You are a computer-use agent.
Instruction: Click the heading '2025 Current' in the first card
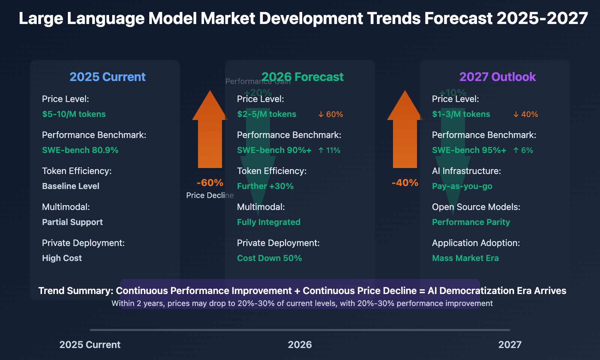point(107,77)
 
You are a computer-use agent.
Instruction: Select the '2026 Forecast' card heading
point(302,77)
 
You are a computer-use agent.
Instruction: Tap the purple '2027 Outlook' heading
point(497,77)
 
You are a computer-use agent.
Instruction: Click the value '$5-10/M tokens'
point(74,114)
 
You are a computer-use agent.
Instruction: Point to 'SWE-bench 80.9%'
point(80,150)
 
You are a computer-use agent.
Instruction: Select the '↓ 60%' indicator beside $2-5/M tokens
point(330,114)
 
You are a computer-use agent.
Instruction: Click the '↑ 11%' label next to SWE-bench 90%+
point(329,150)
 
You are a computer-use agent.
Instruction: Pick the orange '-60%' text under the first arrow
point(210,183)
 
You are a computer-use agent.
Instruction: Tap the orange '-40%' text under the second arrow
point(405,183)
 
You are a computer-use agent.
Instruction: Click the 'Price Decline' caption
point(210,195)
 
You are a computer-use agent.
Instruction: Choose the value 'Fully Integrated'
point(268,222)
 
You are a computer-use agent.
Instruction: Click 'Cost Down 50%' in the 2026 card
point(269,258)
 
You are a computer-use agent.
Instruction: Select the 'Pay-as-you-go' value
point(462,186)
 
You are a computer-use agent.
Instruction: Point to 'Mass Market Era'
point(465,258)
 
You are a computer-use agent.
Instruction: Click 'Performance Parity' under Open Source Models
point(471,222)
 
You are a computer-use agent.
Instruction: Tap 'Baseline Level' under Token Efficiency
point(70,186)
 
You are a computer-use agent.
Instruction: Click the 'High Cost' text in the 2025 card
point(62,258)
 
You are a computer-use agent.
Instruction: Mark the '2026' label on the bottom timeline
point(300,345)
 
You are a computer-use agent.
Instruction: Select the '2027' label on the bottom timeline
point(510,345)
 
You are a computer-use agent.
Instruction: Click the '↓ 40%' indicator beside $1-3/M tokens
point(525,114)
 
